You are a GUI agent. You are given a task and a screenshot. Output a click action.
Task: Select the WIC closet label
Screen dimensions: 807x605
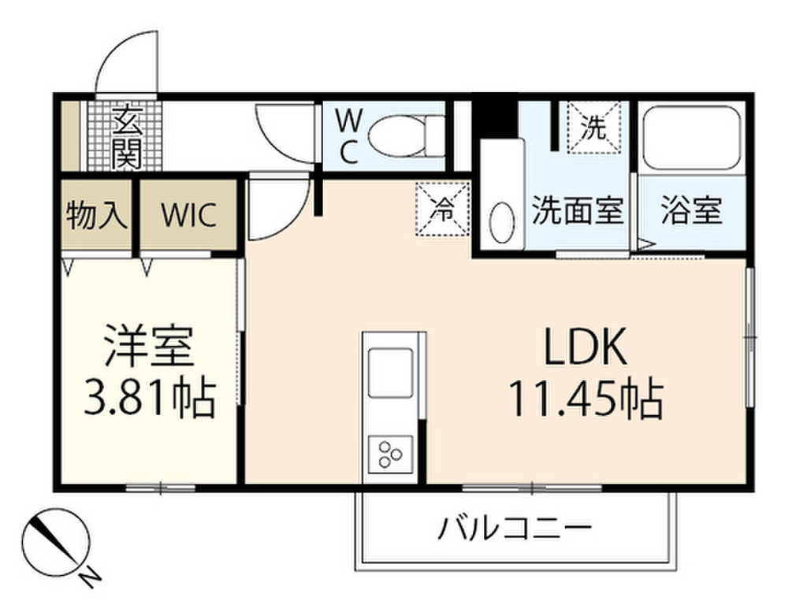[x=188, y=215]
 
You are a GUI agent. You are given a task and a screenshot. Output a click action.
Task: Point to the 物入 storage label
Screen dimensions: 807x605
[x=96, y=214]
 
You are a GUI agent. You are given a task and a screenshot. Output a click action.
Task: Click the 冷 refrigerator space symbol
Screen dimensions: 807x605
[x=443, y=210]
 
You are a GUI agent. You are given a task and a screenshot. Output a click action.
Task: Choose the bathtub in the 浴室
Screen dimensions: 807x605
[x=692, y=139]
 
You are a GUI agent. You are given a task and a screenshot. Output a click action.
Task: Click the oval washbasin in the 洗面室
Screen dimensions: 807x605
[x=501, y=224]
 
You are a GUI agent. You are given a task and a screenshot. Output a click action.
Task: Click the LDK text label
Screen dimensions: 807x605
[x=585, y=347]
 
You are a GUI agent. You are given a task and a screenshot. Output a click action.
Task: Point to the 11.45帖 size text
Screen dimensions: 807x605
[x=586, y=398]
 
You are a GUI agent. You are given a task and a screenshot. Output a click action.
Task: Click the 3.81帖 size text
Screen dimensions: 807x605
[x=149, y=398]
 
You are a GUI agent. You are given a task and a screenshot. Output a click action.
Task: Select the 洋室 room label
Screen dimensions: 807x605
[x=149, y=346]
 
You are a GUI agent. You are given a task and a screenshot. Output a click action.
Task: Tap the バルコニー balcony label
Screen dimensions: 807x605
[x=515, y=528]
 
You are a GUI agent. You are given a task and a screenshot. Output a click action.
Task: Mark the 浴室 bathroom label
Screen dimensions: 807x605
[x=691, y=211]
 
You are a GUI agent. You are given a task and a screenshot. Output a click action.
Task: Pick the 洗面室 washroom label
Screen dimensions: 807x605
[x=578, y=211]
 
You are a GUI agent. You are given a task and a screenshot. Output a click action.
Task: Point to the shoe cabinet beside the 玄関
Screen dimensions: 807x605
[x=70, y=135]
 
